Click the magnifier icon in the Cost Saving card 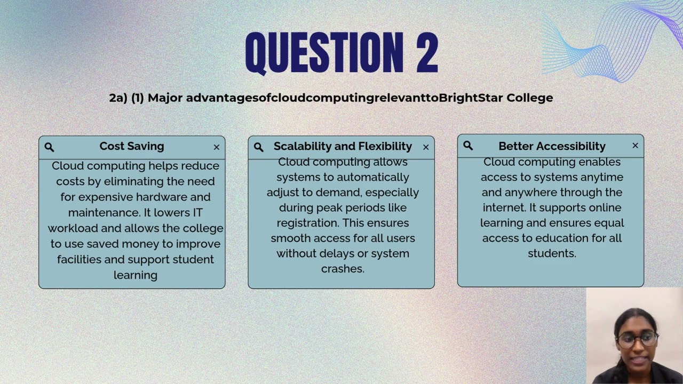(49, 147)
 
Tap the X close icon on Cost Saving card (217, 147)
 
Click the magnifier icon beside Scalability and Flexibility (259, 147)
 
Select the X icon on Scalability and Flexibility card (426, 147)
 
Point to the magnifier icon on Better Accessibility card (468, 146)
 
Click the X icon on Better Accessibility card (635, 146)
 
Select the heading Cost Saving (132, 146)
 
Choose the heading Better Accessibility (552, 146)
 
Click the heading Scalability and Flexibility (343, 146)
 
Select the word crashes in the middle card (342, 269)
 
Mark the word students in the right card (551, 253)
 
